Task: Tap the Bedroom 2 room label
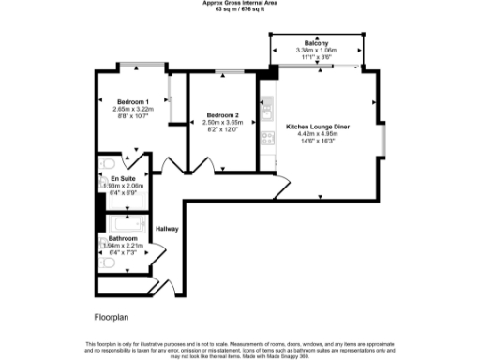[x=223, y=115]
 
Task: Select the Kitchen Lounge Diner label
[x=322, y=126]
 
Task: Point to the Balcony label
[x=315, y=42]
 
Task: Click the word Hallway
[x=167, y=228]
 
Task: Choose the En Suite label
[x=122, y=178]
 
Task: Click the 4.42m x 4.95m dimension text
[x=322, y=133]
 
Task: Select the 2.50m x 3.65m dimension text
[x=224, y=123]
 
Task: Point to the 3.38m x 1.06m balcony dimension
[x=315, y=50]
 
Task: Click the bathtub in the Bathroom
[x=127, y=224]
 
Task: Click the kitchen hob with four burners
[x=266, y=138]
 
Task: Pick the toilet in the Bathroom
[x=106, y=265]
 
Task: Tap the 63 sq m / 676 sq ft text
[x=240, y=9]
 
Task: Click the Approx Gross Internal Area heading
[x=240, y=3]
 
